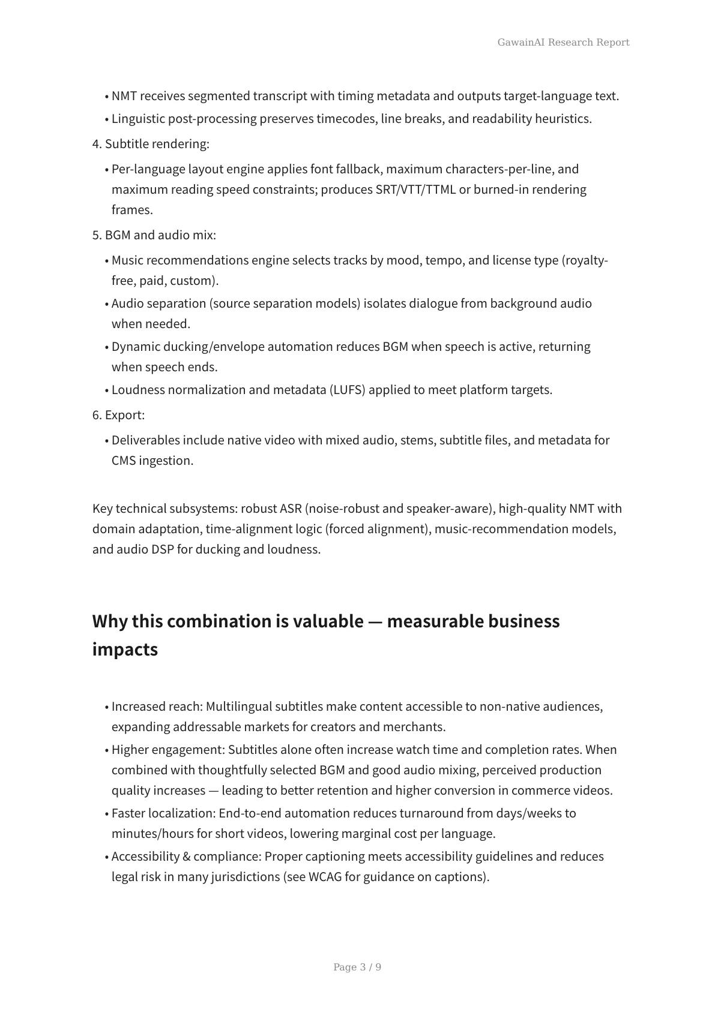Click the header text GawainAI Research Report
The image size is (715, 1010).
(x=563, y=42)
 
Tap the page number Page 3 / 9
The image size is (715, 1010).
(x=357, y=967)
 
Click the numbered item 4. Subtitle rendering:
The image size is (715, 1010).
(x=151, y=144)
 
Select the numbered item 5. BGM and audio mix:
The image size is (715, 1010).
(x=154, y=235)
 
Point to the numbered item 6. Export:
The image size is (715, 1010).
(x=119, y=415)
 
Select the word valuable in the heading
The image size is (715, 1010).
(x=328, y=621)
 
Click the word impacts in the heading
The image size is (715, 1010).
(x=125, y=650)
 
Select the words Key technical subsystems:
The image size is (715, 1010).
(x=165, y=509)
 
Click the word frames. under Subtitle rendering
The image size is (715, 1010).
(x=132, y=210)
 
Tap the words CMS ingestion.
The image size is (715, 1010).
(x=152, y=461)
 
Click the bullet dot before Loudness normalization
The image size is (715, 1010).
(x=107, y=390)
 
